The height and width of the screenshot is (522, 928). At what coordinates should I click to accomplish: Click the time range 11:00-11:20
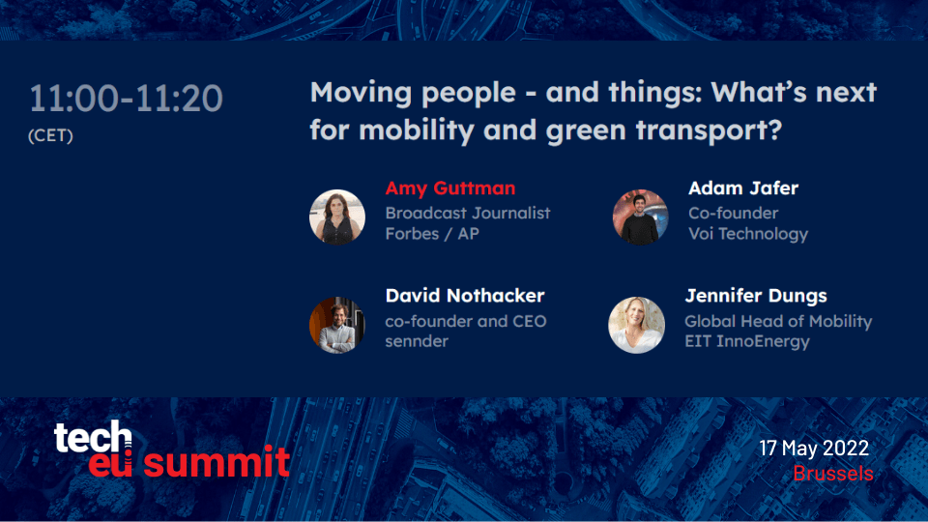tap(126, 99)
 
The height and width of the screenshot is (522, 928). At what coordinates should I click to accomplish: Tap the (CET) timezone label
tap(51, 135)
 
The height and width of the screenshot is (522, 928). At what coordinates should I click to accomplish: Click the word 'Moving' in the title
tap(361, 93)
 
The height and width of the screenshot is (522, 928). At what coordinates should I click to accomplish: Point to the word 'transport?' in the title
tap(709, 130)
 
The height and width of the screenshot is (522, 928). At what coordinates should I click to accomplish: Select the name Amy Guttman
tap(450, 188)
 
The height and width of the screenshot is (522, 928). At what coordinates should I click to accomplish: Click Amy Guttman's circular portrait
tap(337, 217)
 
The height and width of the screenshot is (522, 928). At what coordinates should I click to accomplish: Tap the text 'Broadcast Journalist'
tap(468, 213)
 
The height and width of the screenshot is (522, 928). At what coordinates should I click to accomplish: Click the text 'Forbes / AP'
tap(432, 234)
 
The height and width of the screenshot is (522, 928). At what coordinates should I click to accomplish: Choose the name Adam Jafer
tap(743, 188)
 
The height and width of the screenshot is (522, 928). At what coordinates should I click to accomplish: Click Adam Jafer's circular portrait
tap(640, 217)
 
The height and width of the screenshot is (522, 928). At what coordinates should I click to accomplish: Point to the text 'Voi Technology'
tap(748, 234)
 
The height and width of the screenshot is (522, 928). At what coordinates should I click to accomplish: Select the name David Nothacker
tap(465, 296)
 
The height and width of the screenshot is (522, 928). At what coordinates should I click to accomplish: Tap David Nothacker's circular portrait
tap(337, 325)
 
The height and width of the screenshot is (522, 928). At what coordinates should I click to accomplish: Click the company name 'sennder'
tap(417, 341)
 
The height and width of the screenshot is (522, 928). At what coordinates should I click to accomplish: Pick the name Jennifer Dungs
tap(756, 296)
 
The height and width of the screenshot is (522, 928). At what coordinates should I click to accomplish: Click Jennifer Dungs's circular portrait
tap(637, 325)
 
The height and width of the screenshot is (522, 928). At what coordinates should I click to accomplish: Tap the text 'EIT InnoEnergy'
tap(747, 341)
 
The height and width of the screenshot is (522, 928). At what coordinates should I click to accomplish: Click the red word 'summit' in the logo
tap(217, 462)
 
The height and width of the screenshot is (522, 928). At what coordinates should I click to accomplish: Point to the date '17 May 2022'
tap(814, 448)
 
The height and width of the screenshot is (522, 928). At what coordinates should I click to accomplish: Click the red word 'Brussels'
tap(833, 473)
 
